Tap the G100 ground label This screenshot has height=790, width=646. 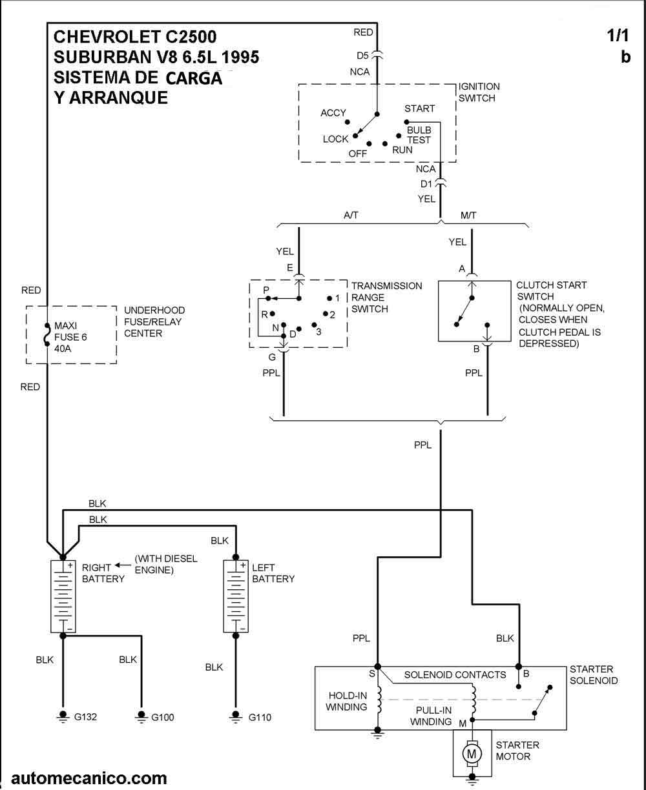tap(162, 717)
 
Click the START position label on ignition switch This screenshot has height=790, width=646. tap(419, 108)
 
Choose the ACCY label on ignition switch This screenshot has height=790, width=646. tap(333, 113)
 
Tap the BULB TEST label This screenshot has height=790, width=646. tap(419, 135)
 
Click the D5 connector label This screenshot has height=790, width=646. tap(362, 55)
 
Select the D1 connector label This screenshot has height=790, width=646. tap(426, 184)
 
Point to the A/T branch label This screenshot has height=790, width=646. tap(351, 216)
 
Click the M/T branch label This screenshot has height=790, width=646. tap(468, 216)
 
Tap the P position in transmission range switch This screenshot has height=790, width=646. tap(266, 290)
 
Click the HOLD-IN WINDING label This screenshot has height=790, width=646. tap(348, 701)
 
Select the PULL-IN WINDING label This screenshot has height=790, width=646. tap(431, 716)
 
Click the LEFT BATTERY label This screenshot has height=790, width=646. tap(273, 573)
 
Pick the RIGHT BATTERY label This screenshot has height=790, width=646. tap(103, 573)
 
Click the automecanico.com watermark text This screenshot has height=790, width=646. tap(89, 778)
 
